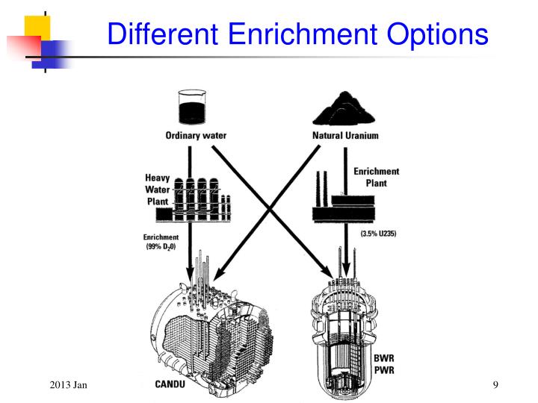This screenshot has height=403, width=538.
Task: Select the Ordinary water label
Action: point(196,136)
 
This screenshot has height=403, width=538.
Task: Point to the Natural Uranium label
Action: point(344,136)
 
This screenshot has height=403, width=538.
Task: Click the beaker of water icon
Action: point(194,107)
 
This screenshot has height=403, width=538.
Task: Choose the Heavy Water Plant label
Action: point(158,190)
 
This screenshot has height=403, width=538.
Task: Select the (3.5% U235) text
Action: point(378,234)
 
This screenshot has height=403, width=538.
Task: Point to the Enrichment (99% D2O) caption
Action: point(161,243)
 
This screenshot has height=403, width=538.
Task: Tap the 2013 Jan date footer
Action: point(69,384)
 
